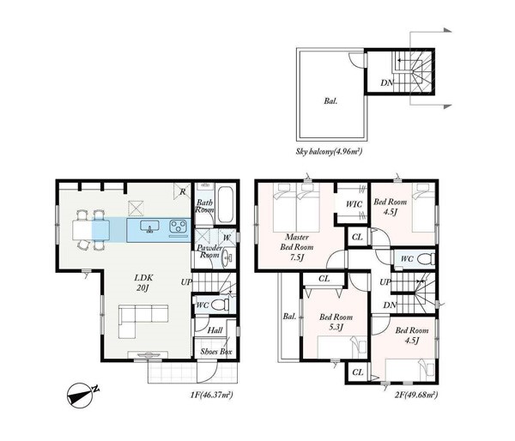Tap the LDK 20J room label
(x=143, y=283)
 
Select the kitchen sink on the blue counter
(x=149, y=227)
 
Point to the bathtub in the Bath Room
(x=225, y=205)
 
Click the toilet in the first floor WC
(x=220, y=305)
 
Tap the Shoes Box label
(x=215, y=352)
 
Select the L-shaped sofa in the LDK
(x=143, y=321)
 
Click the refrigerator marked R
(x=182, y=190)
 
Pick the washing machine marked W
(x=227, y=237)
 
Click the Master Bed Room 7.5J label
(x=297, y=247)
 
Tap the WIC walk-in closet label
(x=354, y=204)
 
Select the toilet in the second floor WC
(x=426, y=259)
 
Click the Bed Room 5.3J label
(x=336, y=322)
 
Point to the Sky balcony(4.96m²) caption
(x=329, y=152)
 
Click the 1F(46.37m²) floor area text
(x=211, y=395)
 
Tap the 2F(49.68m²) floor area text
(x=415, y=395)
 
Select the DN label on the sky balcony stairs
(x=387, y=83)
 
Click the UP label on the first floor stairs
(x=186, y=281)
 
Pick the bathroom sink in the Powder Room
(x=227, y=259)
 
